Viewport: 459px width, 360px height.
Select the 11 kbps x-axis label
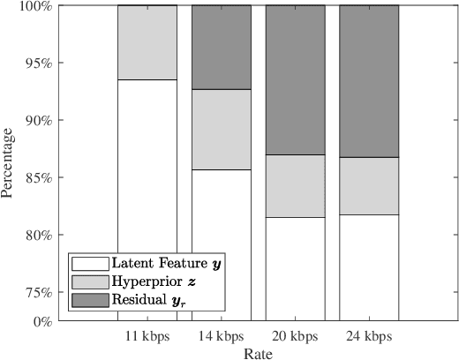point(147,337)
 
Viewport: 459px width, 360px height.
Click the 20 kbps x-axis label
point(296,337)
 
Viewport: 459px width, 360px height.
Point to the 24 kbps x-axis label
point(370,337)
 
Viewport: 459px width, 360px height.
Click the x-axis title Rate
point(259,353)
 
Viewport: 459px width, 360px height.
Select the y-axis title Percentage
point(8,163)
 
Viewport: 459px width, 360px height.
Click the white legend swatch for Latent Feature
point(89,264)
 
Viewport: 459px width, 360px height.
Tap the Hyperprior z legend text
point(147,282)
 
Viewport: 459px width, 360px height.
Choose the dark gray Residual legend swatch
point(89,300)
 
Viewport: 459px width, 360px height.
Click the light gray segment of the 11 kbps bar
point(147,42)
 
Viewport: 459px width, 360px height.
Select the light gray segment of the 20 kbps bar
point(296,185)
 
